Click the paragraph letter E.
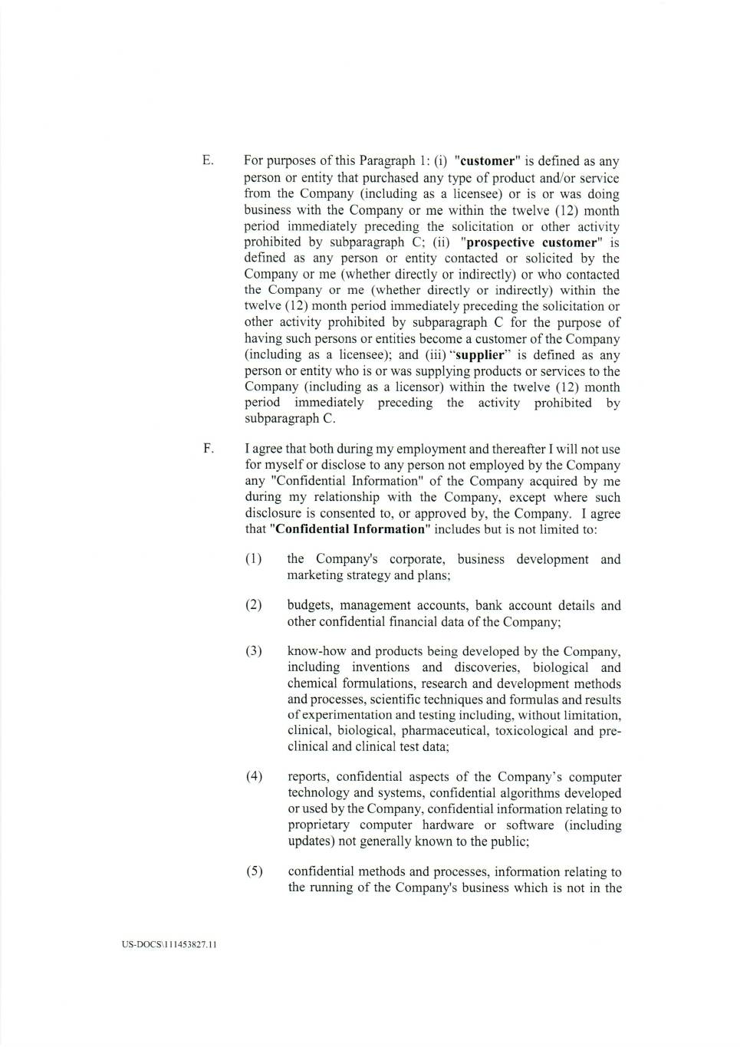(207, 161)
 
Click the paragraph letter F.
(207, 449)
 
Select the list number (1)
(254, 559)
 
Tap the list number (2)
(254, 605)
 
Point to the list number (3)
(254, 651)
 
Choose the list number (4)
(254, 777)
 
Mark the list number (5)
(254, 871)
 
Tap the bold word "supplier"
(481, 355)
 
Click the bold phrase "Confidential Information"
(350, 529)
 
